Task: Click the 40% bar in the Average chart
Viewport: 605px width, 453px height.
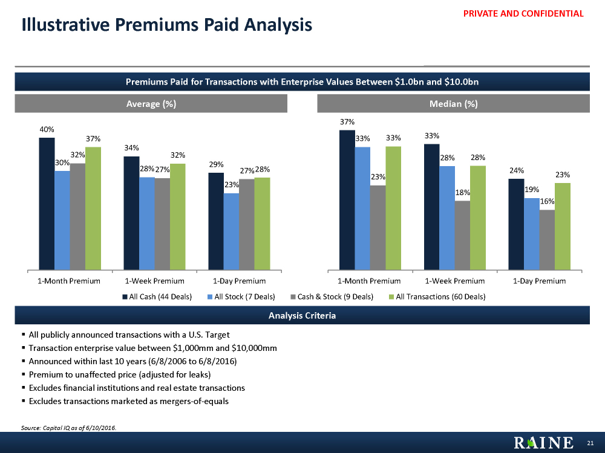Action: pos(47,203)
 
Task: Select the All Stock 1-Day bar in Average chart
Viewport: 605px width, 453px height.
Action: pos(231,231)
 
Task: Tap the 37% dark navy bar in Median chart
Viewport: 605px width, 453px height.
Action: pos(347,199)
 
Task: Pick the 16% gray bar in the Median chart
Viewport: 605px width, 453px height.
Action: pos(547,239)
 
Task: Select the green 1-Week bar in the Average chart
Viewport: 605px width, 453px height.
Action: pos(177,216)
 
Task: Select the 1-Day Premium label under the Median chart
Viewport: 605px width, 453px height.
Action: pos(539,281)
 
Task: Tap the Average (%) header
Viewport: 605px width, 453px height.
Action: pos(151,103)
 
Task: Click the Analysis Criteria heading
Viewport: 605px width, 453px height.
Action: pos(302,316)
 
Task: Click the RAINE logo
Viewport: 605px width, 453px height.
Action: pos(544,443)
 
